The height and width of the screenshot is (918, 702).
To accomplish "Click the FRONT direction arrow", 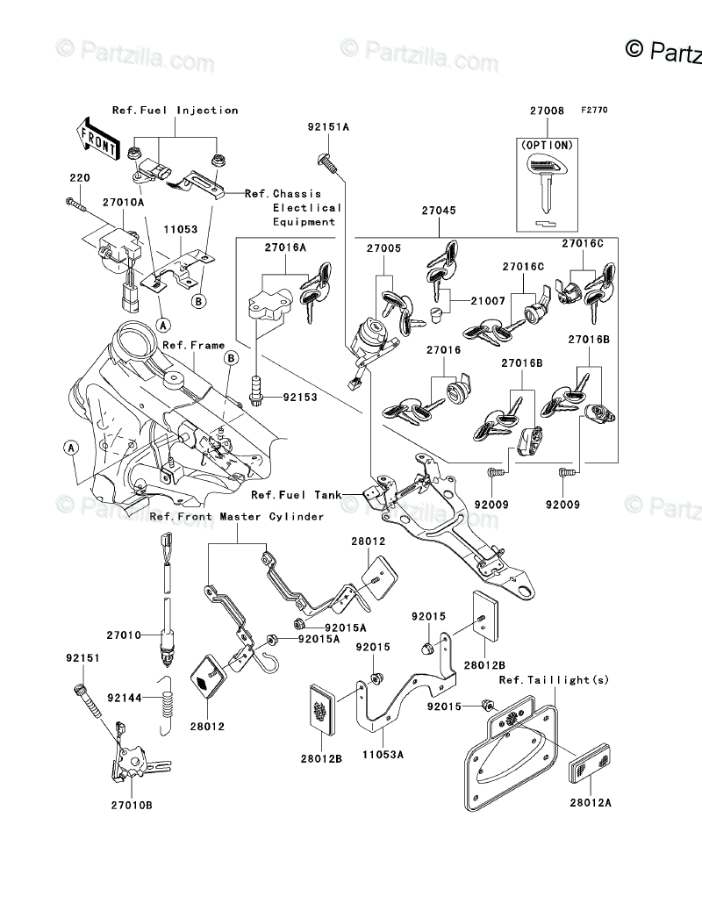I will point(97,138).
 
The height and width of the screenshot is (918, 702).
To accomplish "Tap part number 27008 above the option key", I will point(546,111).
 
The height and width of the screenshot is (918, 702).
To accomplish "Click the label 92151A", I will point(328,127).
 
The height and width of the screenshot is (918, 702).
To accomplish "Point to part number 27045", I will point(438,211).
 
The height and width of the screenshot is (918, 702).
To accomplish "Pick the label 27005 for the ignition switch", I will point(383,248).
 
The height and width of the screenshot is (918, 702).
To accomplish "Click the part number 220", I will point(79,178).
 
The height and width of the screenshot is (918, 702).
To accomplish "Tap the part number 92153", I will point(300,398).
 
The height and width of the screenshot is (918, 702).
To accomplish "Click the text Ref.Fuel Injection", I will point(175,111).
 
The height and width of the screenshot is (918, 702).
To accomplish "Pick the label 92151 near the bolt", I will point(81,656).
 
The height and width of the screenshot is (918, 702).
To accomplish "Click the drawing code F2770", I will point(593,111).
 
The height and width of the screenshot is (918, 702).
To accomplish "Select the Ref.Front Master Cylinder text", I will point(237,517).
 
